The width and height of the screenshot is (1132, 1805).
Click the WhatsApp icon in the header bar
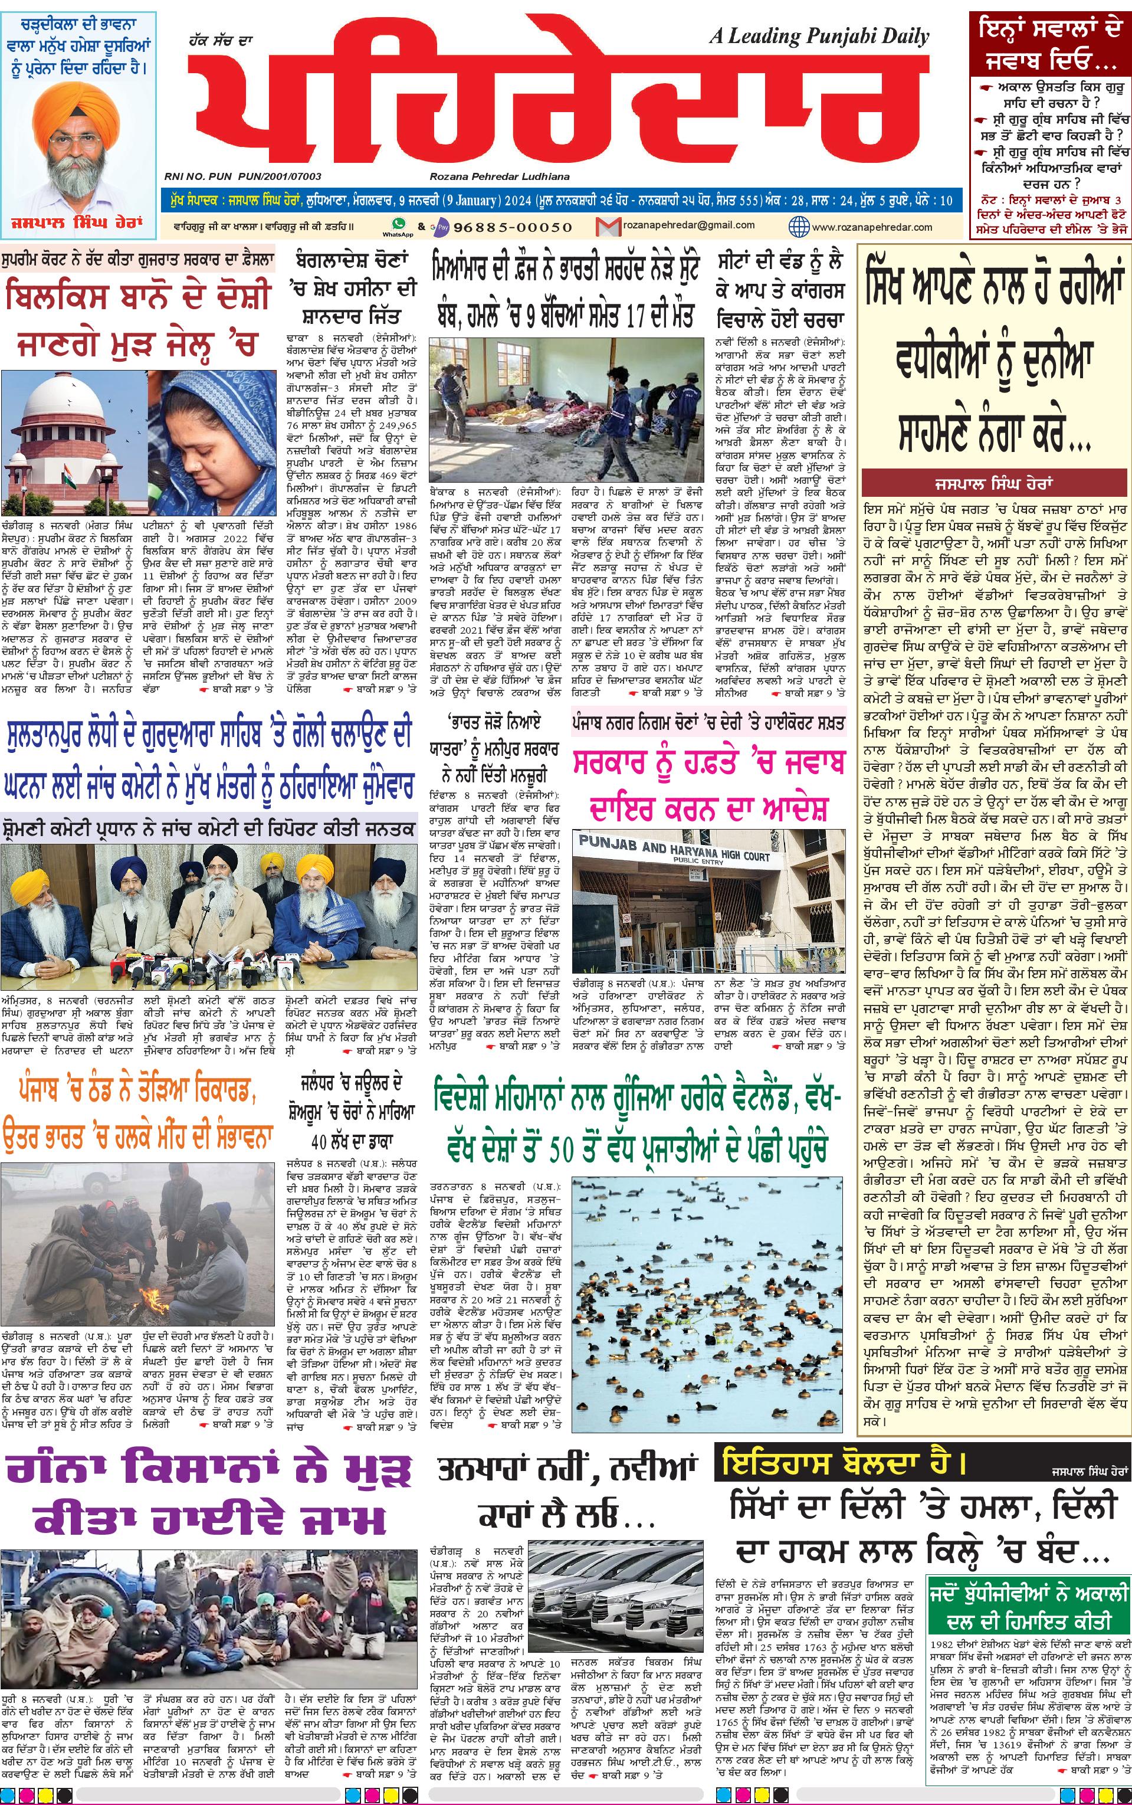(398, 223)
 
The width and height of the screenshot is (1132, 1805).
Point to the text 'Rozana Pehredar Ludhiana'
(500, 176)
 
